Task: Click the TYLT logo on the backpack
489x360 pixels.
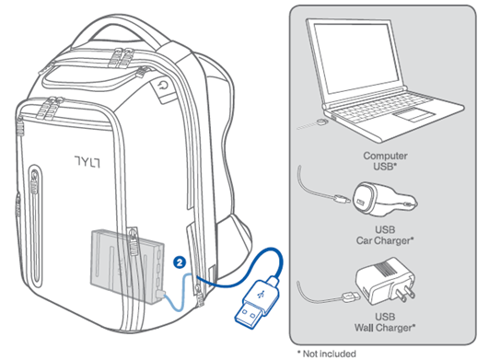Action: tap(87, 161)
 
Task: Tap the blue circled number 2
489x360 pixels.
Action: tap(180, 262)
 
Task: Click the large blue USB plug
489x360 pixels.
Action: tap(257, 301)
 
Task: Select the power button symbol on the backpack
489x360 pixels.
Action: tap(163, 86)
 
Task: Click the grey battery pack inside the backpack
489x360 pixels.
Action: tap(127, 266)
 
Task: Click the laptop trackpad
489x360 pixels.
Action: tap(413, 114)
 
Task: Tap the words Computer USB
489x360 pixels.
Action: tap(385, 161)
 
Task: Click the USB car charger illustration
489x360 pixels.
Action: tap(384, 199)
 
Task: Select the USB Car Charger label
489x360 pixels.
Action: tap(385, 235)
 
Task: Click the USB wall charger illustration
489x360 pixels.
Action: tap(386, 281)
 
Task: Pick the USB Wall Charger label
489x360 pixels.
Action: tap(385, 322)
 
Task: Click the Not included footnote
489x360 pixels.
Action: tap(327, 354)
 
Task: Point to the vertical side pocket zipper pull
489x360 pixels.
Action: tap(34, 183)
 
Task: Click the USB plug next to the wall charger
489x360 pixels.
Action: tap(351, 296)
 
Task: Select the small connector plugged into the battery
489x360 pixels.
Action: tap(161, 293)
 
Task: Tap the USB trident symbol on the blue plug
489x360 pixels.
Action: tap(261, 294)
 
